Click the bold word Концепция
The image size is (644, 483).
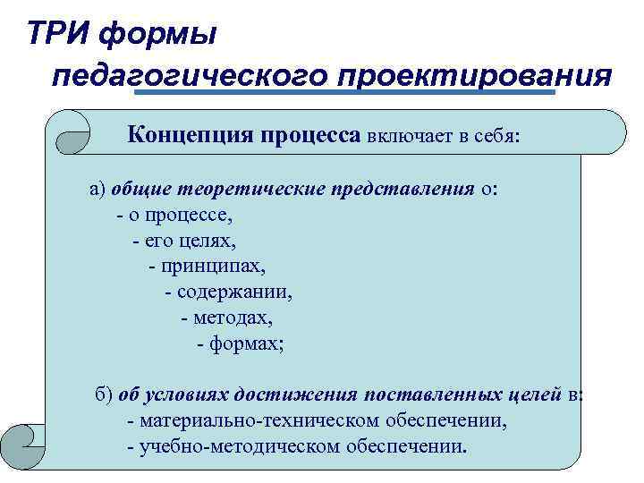(190, 135)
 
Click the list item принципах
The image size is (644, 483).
(213, 267)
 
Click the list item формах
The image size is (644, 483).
(245, 343)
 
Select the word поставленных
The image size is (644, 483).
(425, 394)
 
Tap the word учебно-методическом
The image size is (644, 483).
(246, 445)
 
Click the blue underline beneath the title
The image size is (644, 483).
(344, 92)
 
